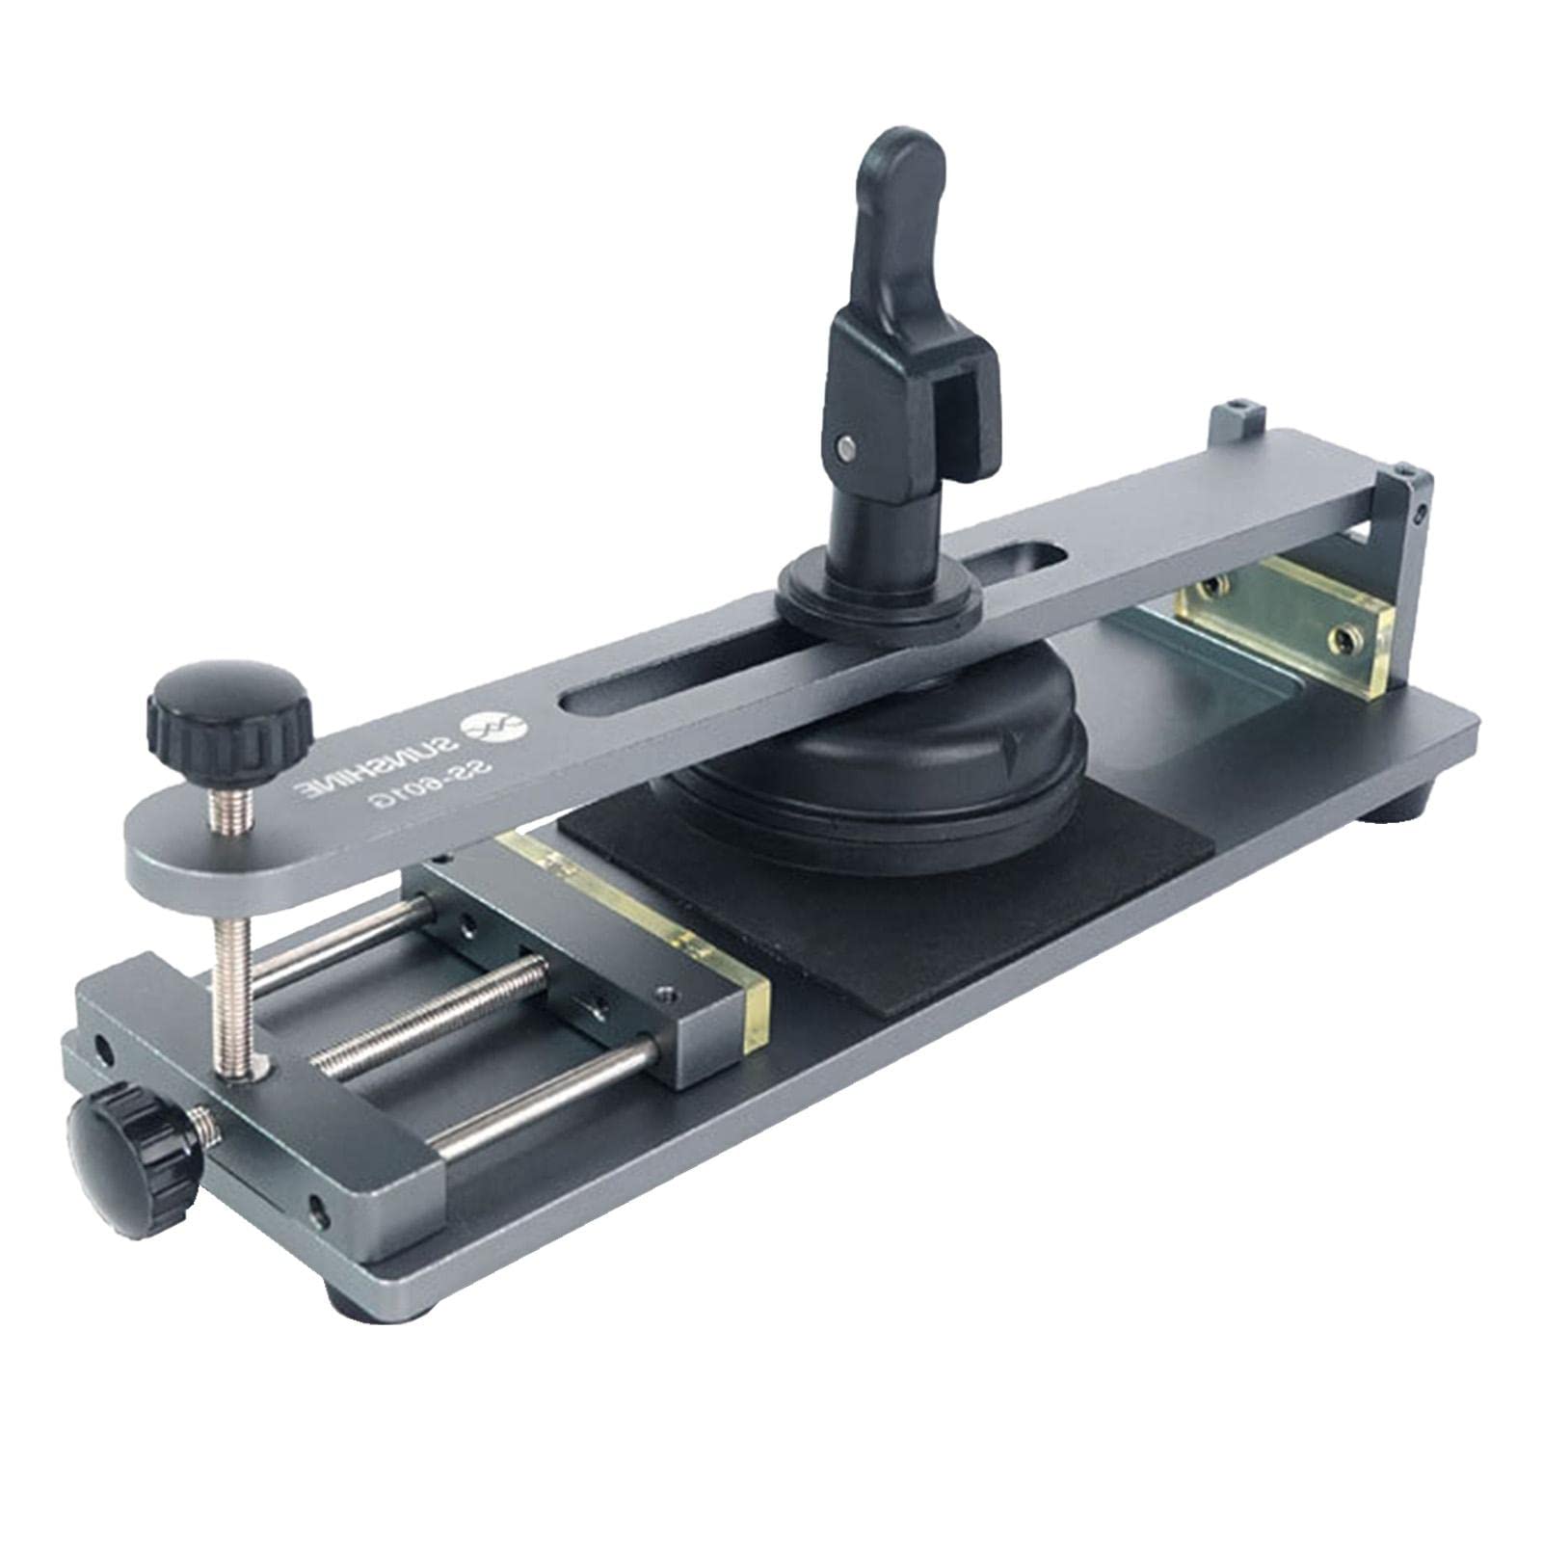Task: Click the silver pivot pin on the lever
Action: (847, 445)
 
